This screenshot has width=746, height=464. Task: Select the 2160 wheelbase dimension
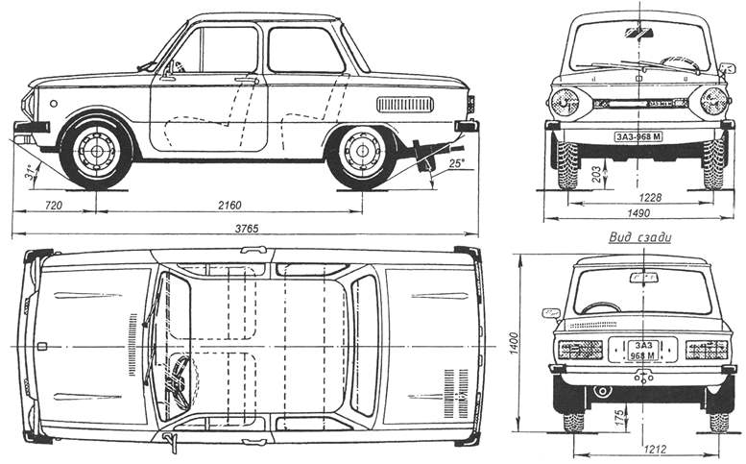pyautogui.click(x=229, y=206)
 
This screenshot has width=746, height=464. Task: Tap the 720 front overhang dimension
pyautogui.click(x=53, y=206)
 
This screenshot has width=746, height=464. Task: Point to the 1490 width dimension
pyautogui.click(x=639, y=213)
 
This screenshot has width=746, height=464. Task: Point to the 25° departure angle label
pyautogui.click(x=443, y=164)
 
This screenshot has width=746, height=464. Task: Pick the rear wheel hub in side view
pyautogui.click(x=361, y=151)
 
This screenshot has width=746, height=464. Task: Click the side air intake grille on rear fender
pyautogui.click(x=404, y=104)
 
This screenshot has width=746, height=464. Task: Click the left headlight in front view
pyautogui.click(x=565, y=100)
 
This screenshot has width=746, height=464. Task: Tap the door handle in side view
pyautogui.click(x=248, y=81)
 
